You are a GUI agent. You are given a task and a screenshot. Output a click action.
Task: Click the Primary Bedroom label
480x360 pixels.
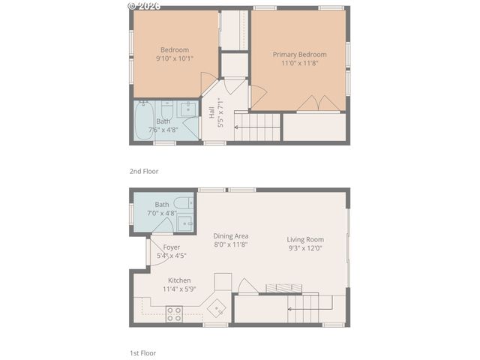tap(299, 54)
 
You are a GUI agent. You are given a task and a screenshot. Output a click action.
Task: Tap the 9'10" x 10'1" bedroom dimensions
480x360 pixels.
tap(175, 58)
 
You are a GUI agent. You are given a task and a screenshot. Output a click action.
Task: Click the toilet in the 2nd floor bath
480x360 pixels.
tap(167, 109)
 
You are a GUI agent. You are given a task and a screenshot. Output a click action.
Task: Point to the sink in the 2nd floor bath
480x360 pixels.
tap(187, 109)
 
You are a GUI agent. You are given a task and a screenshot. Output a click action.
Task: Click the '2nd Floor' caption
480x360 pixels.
tap(144, 171)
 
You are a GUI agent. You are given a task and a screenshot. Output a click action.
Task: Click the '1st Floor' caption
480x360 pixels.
tap(143, 352)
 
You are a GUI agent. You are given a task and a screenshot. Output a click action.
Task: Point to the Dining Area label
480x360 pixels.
tap(230, 235)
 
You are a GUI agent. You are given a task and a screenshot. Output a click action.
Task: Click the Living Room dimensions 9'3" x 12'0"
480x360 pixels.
tap(305, 249)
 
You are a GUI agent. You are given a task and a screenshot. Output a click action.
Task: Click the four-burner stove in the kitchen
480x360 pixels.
tap(174, 313)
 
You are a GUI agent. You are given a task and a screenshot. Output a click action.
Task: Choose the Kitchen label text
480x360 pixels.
tap(179, 280)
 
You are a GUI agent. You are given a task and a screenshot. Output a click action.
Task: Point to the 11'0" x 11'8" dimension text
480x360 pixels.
tap(299, 63)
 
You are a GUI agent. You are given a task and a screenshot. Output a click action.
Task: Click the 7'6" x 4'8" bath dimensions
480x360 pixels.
tap(163, 130)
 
